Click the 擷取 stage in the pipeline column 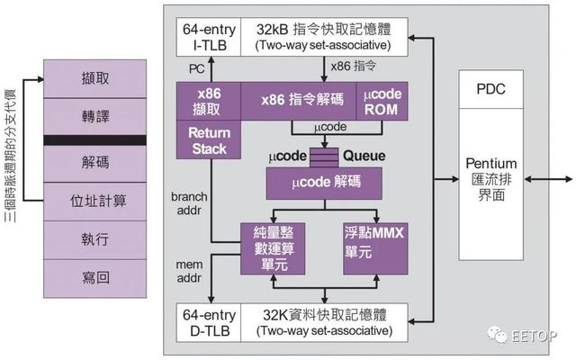tap(94, 78)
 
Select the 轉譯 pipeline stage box tap(94, 117)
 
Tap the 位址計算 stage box tap(94, 202)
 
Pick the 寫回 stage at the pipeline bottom tap(94, 278)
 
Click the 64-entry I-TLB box tap(209, 37)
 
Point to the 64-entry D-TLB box tap(209, 322)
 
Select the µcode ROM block tap(382, 102)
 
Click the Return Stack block tap(209, 140)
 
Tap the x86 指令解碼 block tap(299, 102)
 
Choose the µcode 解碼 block tap(324, 184)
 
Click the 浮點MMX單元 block tap(375, 248)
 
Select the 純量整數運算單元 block tap(273, 248)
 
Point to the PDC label tap(490, 89)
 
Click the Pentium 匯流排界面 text tap(491, 179)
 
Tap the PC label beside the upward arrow tap(196, 68)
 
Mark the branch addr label tap(189, 203)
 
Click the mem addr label tap(189, 271)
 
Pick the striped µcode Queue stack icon tap(324, 157)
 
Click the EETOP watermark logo tap(522, 335)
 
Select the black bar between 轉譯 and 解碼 tap(94, 140)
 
